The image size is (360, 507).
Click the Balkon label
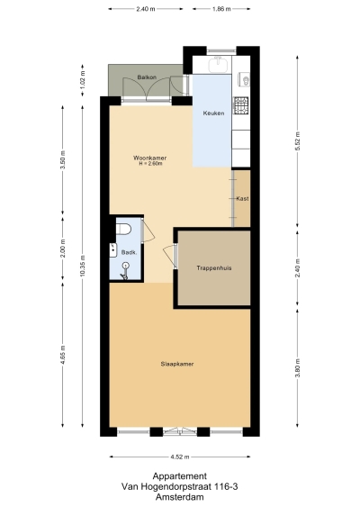148,77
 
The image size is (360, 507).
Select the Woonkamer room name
149,158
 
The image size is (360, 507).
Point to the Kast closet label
242,198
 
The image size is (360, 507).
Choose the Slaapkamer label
178,364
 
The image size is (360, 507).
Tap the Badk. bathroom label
129,253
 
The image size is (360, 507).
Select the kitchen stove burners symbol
240,106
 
